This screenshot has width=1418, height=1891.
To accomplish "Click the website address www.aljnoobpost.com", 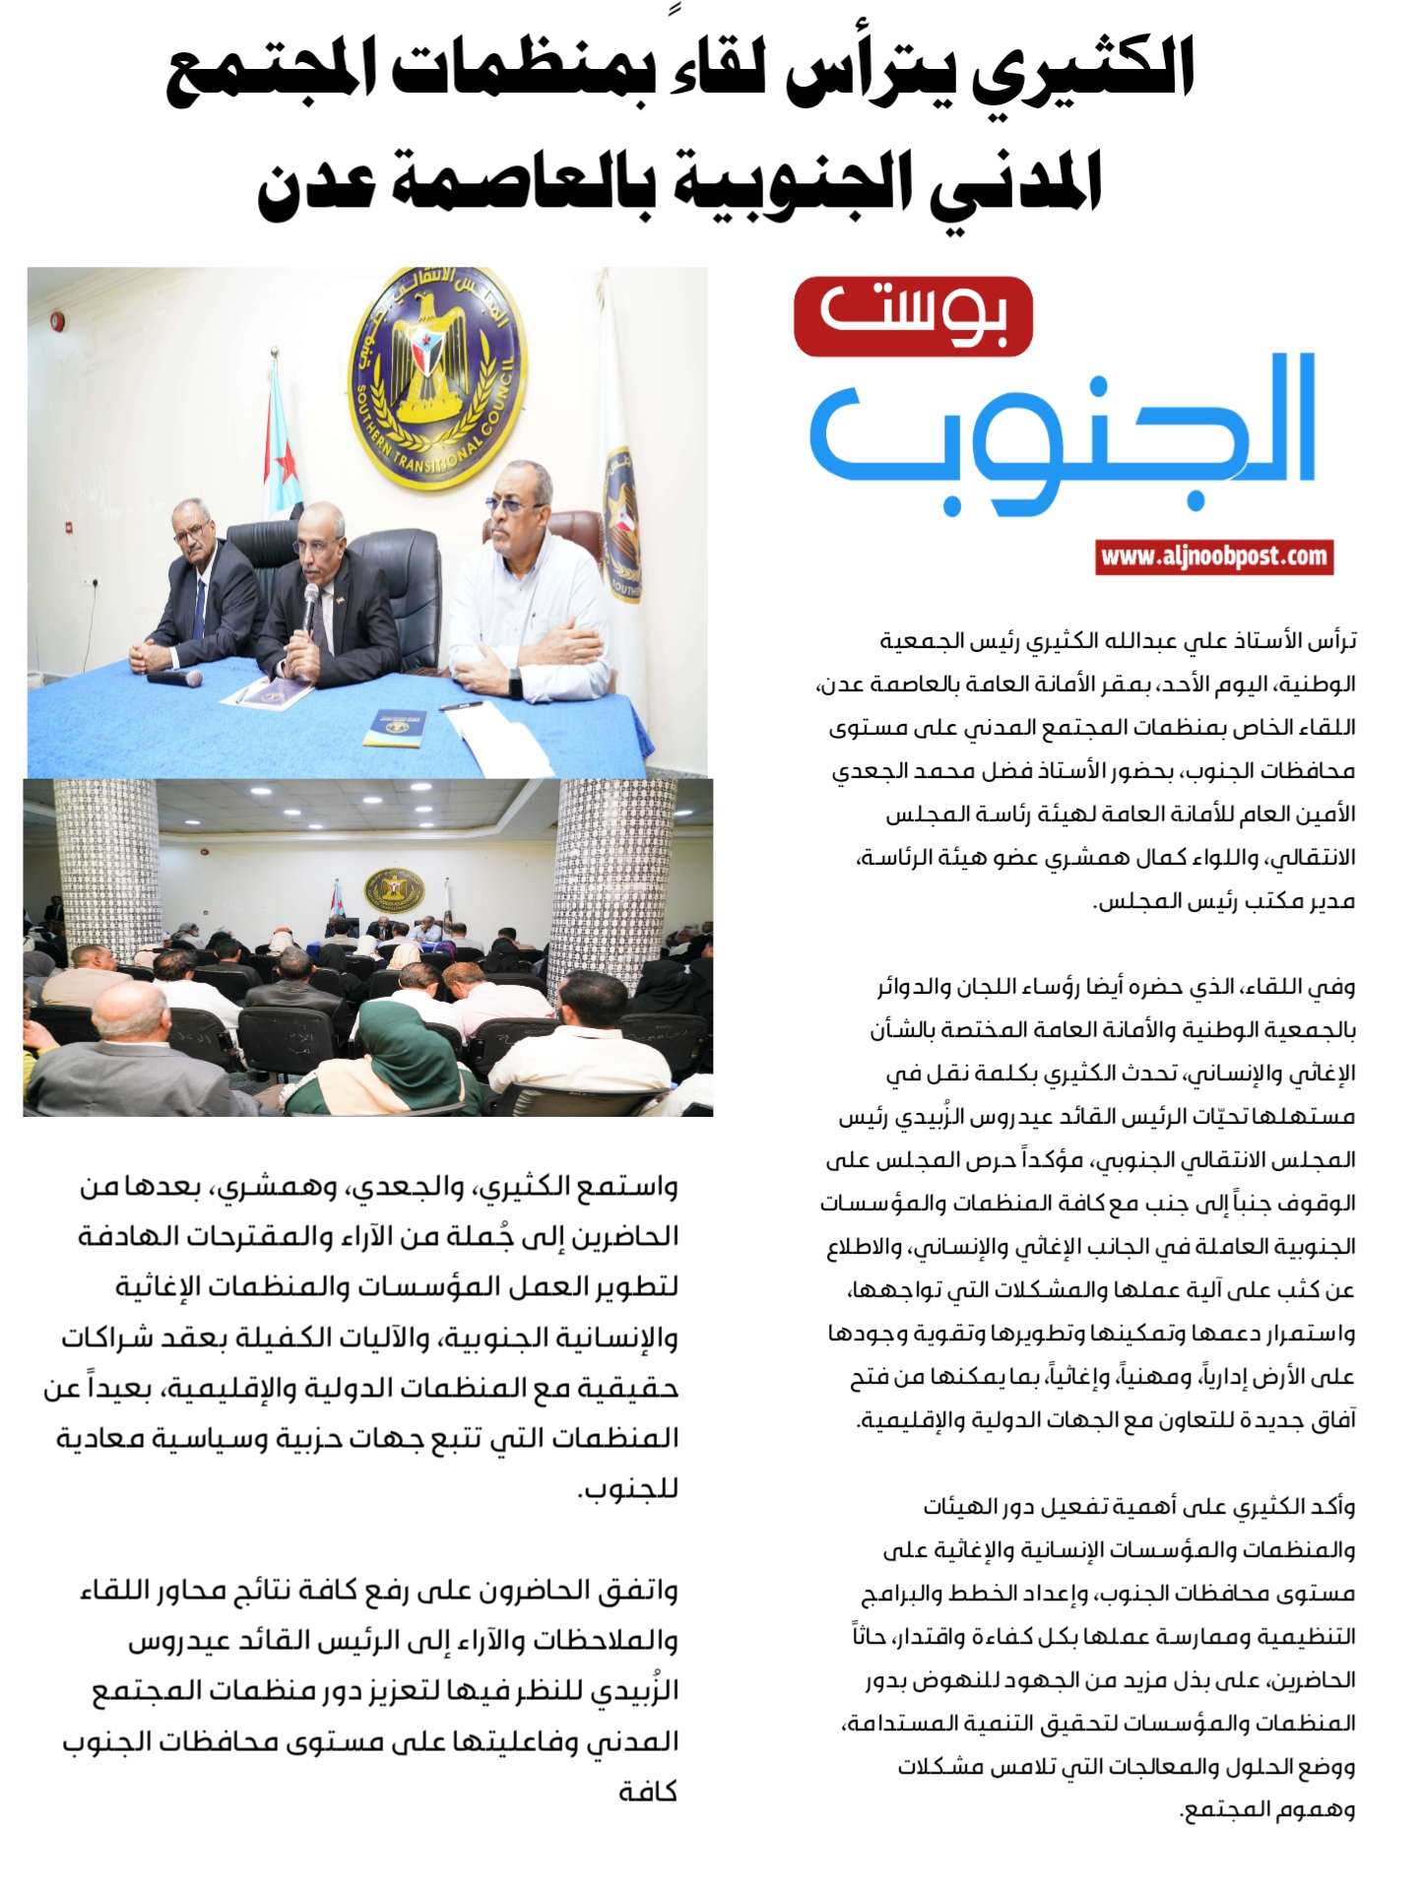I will [1213, 557].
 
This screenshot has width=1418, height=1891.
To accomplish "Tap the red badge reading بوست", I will [913, 316].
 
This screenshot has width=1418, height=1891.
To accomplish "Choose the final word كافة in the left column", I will [648, 1791].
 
